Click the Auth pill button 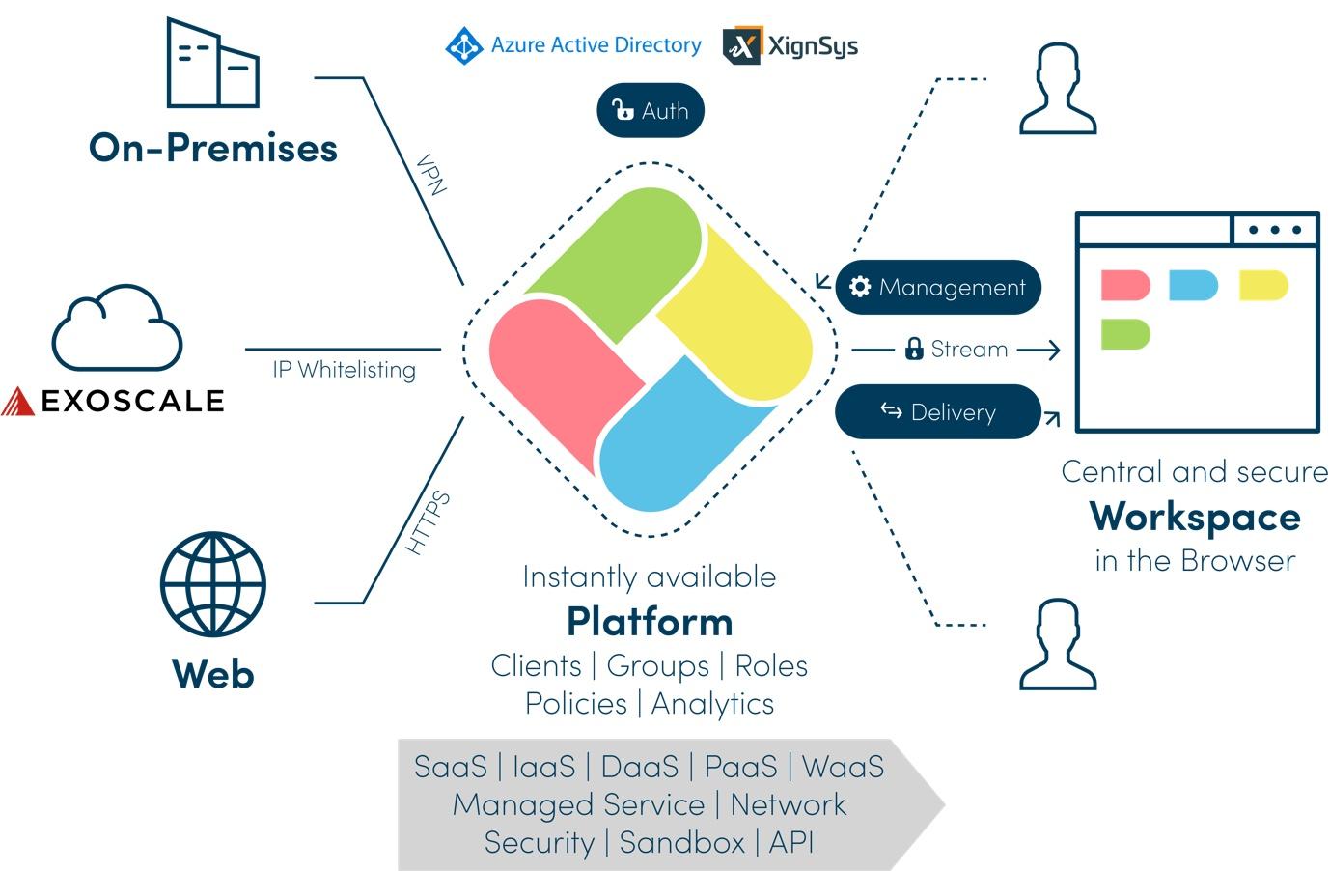(x=651, y=110)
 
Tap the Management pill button (x=938, y=287)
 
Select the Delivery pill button (x=938, y=411)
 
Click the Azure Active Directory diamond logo (x=464, y=45)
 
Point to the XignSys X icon (x=742, y=45)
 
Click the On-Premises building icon (x=212, y=63)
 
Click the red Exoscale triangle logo (x=17, y=401)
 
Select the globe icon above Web (x=213, y=584)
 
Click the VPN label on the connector (x=431, y=174)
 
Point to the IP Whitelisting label (x=344, y=370)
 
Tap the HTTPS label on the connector (x=428, y=522)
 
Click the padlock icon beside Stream (x=914, y=349)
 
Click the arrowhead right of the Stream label (x=1051, y=350)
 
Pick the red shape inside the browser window (x=1125, y=285)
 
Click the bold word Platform (x=650, y=622)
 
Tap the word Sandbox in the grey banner (x=681, y=842)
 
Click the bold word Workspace (x=1195, y=517)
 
